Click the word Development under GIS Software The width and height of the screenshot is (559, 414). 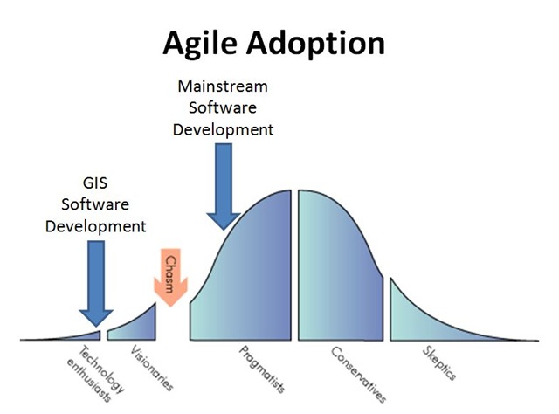click(x=95, y=226)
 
